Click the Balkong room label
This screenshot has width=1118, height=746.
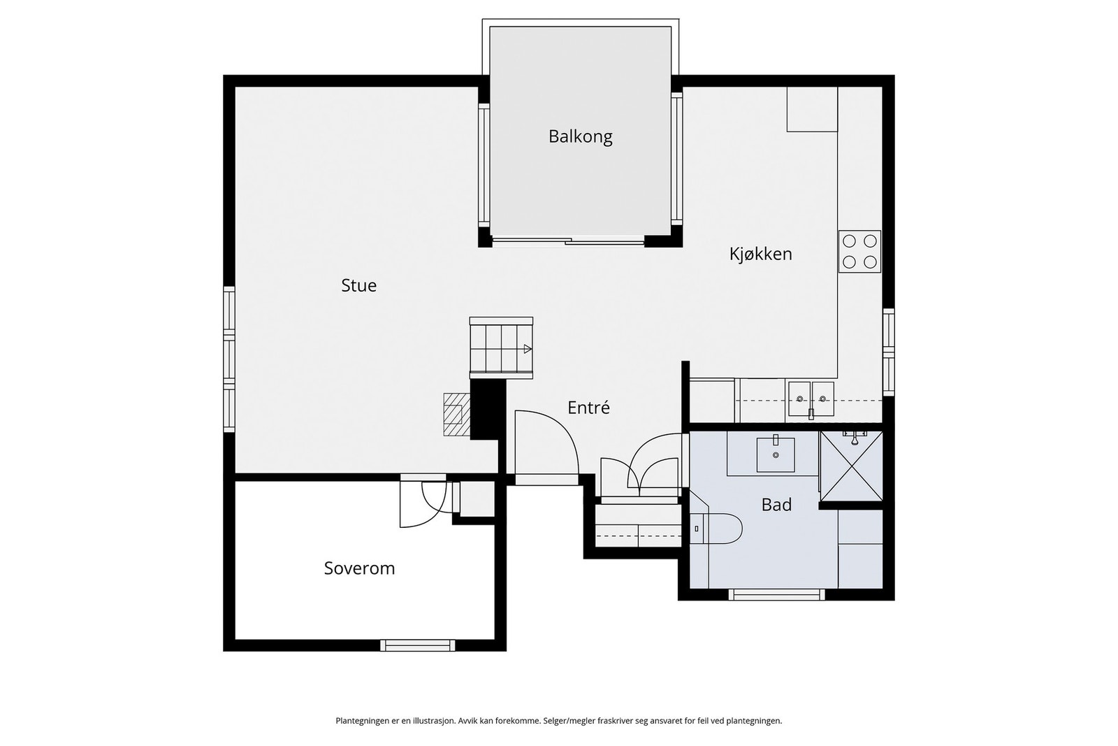tap(580, 136)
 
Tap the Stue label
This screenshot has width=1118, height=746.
tap(358, 285)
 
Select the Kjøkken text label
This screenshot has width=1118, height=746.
tap(761, 254)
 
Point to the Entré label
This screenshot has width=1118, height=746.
tap(588, 408)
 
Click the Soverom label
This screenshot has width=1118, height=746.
tap(359, 568)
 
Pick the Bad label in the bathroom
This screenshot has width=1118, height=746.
tap(776, 505)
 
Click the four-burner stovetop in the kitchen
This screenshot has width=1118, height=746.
tap(859, 251)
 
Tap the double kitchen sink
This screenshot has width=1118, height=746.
tap(811, 399)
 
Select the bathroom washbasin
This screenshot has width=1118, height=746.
tap(776, 455)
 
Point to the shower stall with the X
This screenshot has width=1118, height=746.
tap(851, 466)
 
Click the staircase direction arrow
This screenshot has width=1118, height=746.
tap(528, 349)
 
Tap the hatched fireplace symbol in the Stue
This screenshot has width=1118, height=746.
tap(457, 415)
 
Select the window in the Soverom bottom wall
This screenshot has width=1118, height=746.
tap(418, 645)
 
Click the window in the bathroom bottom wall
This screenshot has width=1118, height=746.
tap(776, 594)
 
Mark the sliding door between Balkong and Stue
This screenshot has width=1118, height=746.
tap(568, 242)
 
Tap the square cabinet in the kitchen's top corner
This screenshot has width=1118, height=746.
tap(812, 109)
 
